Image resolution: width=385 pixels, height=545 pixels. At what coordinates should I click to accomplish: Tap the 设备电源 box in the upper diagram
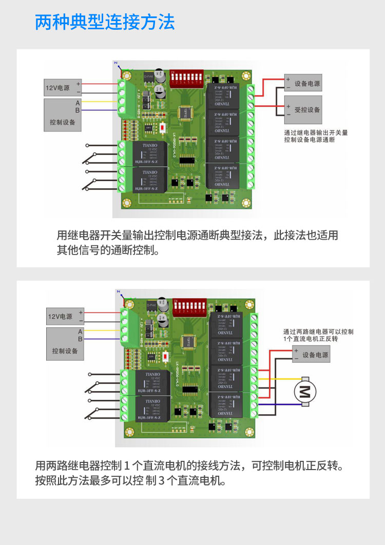[x=303, y=83]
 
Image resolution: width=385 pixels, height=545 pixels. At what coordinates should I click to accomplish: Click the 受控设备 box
[x=303, y=110]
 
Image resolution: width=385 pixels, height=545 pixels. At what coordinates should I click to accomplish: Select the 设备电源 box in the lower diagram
[x=310, y=355]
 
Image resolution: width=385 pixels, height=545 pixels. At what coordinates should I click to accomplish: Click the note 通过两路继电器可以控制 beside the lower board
[x=318, y=332]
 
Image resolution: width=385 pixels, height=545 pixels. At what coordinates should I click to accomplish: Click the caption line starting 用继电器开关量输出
[x=197, y=236]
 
